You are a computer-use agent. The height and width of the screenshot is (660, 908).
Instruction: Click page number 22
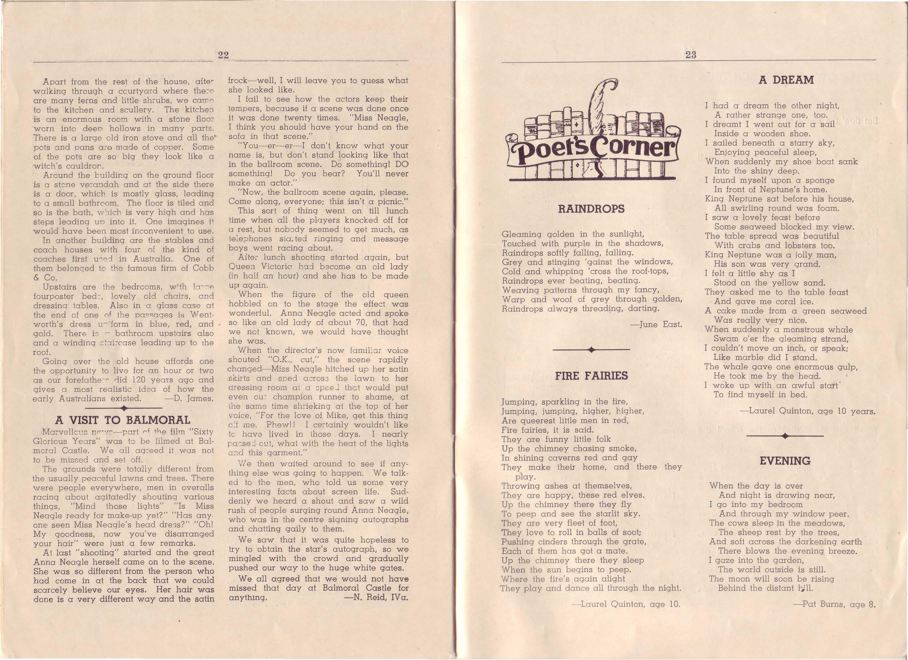pyautogui.click(x=223, y=55)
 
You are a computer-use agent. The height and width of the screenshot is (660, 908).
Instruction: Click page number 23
pyautogui.click(x=691, y=55)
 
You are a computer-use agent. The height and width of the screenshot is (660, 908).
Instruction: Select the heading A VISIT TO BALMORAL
pyautogui.click(x=123, y=420)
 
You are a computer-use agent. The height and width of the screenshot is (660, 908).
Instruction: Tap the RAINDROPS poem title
pyautogui.click(x=591, y=209)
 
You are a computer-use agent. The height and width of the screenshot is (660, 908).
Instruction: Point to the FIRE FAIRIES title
pyautogui.click(x=591, y=376)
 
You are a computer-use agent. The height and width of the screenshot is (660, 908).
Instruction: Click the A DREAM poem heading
pyautogui.click(x=786, y=80)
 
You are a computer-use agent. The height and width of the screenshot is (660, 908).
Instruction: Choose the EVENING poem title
pyautogui.click(x=785, y=461)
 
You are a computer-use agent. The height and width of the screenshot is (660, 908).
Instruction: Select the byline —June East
pyautogui.click(x=656, y=324)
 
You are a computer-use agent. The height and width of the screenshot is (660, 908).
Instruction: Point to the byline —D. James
pyautogui.click(x=189, y=398)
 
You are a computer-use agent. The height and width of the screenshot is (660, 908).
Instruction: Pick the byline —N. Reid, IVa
pyautogui.click(x=376, y=597)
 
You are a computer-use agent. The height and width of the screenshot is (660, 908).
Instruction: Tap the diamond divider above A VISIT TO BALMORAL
pyautogui.click(x=124, y=408)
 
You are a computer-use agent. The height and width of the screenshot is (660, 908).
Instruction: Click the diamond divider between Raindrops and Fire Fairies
pyautogui.click(x=591, y=350)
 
